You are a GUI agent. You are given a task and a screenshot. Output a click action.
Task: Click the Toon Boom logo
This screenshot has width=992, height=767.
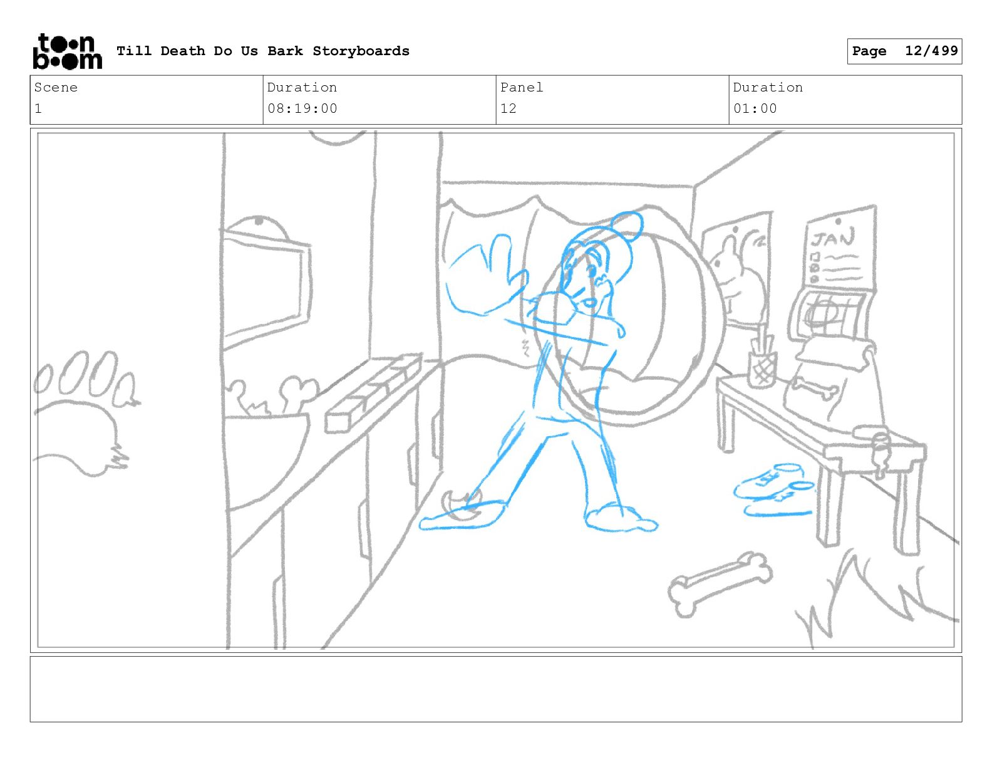click(68, 51)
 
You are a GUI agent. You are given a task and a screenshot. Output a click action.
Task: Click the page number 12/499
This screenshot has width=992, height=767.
click(931, 51)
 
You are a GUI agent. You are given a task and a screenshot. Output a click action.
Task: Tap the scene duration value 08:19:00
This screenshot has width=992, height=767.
click(302, 109)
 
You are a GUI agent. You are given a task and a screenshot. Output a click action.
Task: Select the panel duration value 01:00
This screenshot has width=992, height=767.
click(755, 109)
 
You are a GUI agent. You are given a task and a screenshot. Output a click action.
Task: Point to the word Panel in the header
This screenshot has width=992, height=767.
click(521, 87)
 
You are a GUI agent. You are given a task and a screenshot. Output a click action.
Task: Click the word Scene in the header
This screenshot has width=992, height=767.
click(56, 87)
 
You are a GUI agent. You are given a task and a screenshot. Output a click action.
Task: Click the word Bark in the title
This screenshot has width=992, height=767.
click(285, 51)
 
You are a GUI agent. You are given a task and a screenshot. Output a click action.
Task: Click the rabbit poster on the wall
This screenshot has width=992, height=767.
click(736, 269)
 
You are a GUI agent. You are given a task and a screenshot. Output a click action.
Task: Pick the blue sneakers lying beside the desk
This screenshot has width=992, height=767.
click(774, 489)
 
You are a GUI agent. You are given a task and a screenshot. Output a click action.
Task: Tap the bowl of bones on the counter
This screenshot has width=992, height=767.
click(266, 443)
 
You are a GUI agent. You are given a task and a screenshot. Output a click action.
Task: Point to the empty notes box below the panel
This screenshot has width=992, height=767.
click(496, 689)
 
